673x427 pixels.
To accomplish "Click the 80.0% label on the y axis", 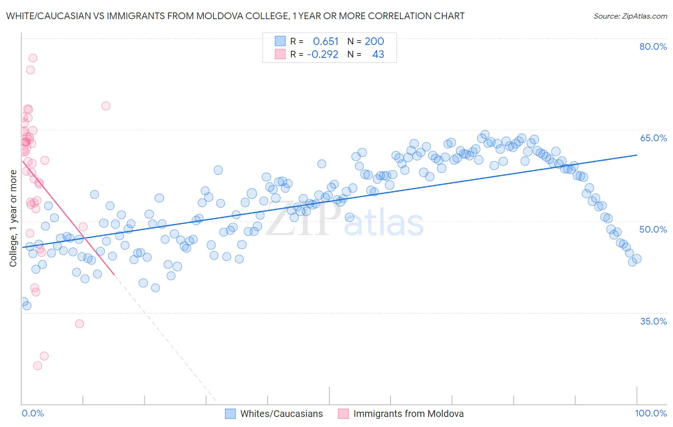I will pyautogui.click(x=653, y=46).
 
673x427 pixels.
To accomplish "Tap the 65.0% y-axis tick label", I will pyautogui.click(x=653, y=138).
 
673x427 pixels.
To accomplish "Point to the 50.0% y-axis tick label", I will pyautogui.click(x=653, y=229).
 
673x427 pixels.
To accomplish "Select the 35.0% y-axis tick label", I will pyautogui.click(x=653, y=321).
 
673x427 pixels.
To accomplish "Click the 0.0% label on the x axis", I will pyautogui.click(x=33, y=414).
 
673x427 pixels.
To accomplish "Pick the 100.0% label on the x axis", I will pyautogui.click(x=651, y=414).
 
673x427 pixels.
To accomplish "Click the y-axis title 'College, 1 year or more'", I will pyautogui.click(x=13, y=218).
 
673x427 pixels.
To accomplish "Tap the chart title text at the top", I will pyautogui.click(x=235, y=16).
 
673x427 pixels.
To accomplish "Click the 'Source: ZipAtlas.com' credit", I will pyautogui.click(x=630, y=16).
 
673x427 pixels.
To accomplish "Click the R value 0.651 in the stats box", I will pyautogui.click(x=325, y=42).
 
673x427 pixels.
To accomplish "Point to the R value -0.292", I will pyautogui.click(x=323, y=55).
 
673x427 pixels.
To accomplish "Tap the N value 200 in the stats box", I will pyautogui.click(x=374, y=42).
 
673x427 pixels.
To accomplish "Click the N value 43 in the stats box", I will pyautogui.click(x=378, y=55).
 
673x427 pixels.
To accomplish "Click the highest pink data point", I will pyautogui.click(x=33, y=58).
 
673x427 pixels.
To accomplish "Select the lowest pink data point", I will pyautogui.click(x=37, y=366).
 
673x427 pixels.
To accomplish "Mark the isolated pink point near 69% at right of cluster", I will pyautogui.click(x=106, y=106).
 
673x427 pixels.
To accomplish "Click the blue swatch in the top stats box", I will pyautogui.click(x=280, y=41).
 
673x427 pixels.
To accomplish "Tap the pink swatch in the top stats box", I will pyautogui.click(x=280, y=54).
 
